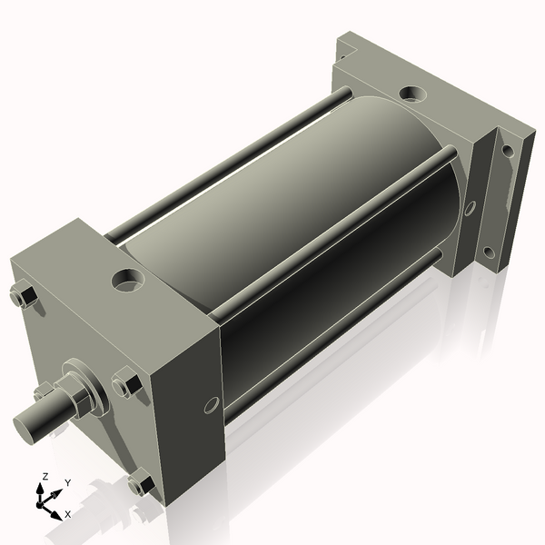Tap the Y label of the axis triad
(68, 483)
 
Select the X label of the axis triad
(67, 514)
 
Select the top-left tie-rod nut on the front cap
(25, 297)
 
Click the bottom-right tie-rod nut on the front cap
(140, 485)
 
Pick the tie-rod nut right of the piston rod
(126, 385)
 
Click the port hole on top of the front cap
(127, 279)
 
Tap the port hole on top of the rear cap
(411, 94)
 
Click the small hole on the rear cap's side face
(469, 208)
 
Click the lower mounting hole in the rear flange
(489, 252)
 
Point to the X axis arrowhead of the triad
(55, 514)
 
